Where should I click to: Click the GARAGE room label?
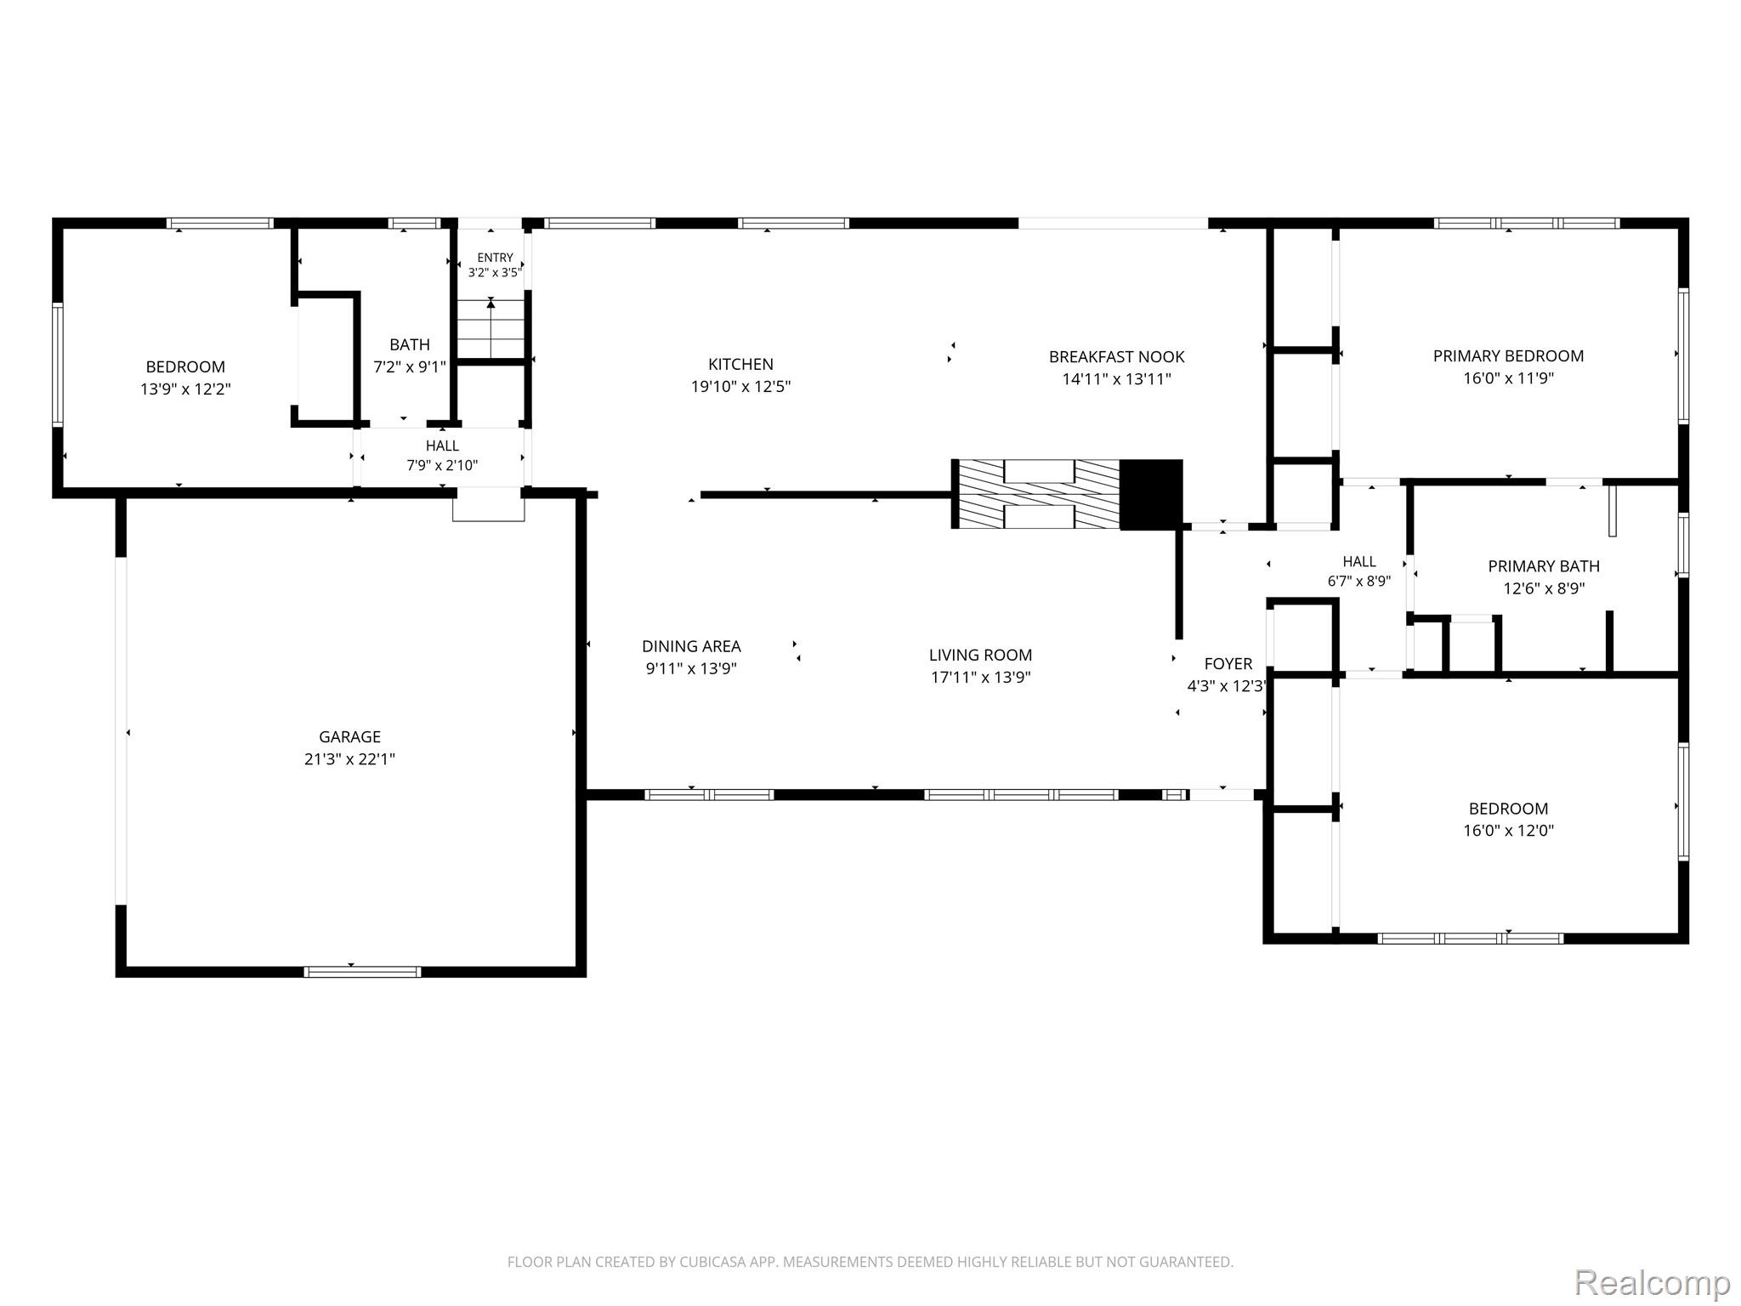click(x=349, y=737)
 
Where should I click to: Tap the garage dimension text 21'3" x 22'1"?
click(x=349, y=759)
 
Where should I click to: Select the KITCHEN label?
click(x=740, y=364)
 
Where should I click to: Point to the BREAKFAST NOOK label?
click(x=1116, y=357)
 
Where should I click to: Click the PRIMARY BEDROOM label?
click(x=1508, y=356)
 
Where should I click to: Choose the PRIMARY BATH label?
click(x=1544, y=566)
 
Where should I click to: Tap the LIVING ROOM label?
click(x=980, y=655)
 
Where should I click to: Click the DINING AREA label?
click(x=691, y=646)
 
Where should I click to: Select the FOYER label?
click(x=1228, y=664)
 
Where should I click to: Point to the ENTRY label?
click(x=495, y=258)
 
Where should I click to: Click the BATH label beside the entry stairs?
click(x=410, y=344)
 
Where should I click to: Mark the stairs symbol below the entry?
click(x=491, y=328)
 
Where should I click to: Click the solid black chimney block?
click(x=1151, y=495)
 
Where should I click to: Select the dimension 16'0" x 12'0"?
click(x=1508, y=831)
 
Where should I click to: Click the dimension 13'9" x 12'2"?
click(x=185, y=389)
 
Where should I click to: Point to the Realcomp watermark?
click(x=1653, y=1282)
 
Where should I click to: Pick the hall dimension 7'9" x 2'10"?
click(x=442, y=466)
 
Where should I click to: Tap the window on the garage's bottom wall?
click(x=363, y=972)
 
